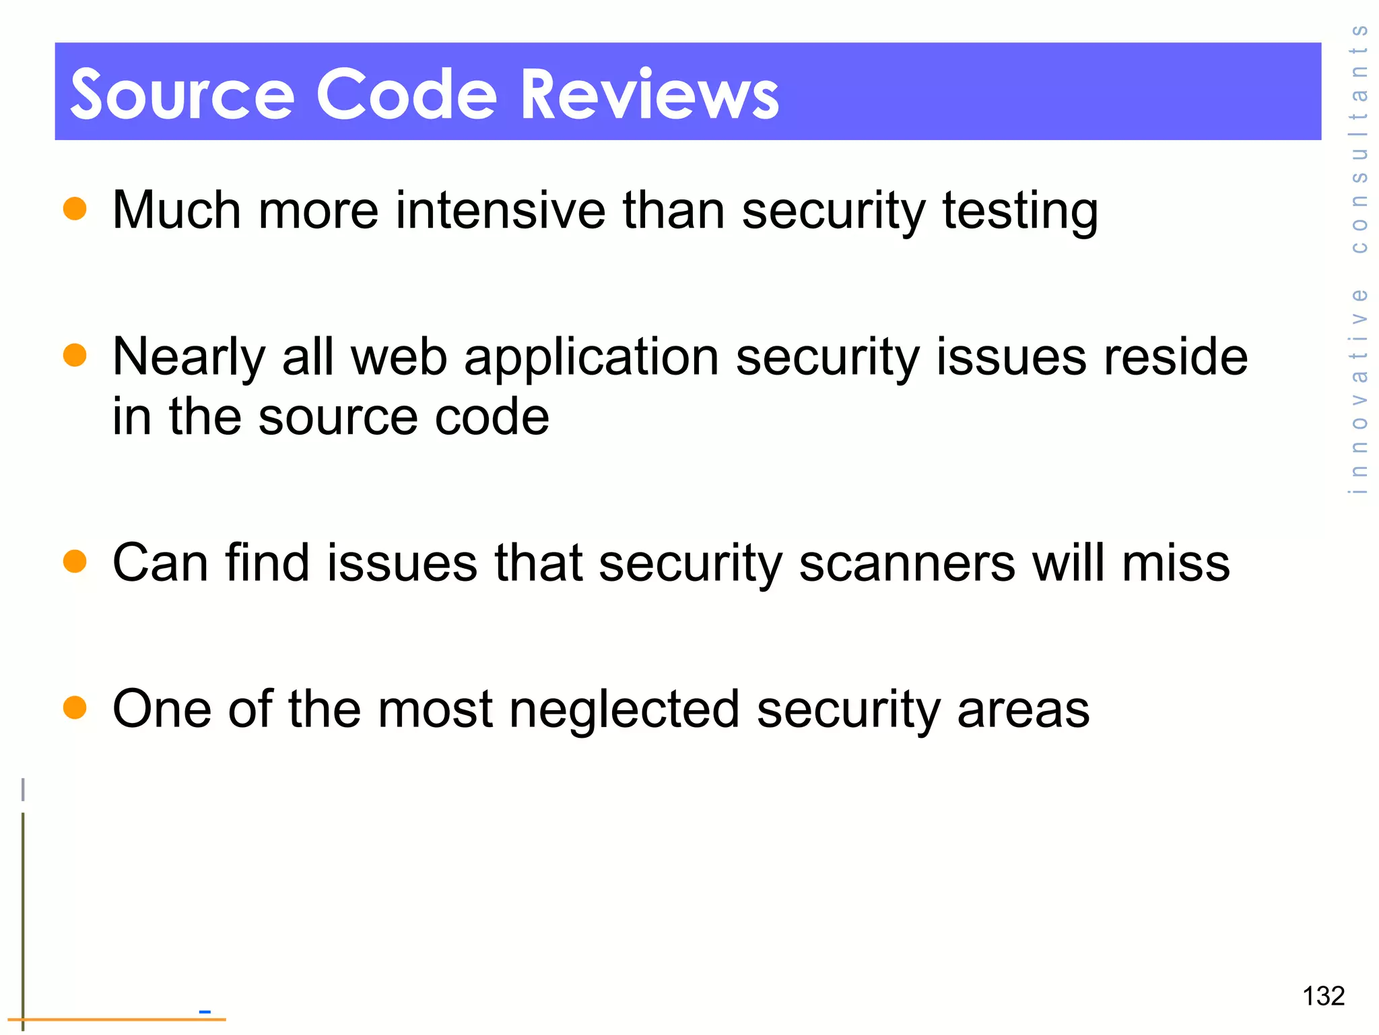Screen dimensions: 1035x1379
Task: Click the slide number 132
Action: coord(1323,996)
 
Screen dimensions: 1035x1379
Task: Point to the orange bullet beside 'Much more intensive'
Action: coord(75,208)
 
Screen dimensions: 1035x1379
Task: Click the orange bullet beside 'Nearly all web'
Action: coord(75,355)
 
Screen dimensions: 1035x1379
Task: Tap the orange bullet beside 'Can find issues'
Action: coord(75,561)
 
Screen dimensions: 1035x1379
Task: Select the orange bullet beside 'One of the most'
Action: coord(75,708)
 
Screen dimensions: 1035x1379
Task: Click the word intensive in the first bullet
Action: coord(500,210)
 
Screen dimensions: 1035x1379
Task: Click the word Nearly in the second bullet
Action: coord(189,357)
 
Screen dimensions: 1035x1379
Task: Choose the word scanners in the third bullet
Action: coord(906,563)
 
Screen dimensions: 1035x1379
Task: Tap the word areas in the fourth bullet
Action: coord(1023,710)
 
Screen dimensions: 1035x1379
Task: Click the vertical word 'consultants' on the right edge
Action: coord(1359,138)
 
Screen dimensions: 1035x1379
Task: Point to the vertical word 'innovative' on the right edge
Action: coord(1359,391)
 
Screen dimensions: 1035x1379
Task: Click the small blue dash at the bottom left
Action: coord(205,1011)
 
